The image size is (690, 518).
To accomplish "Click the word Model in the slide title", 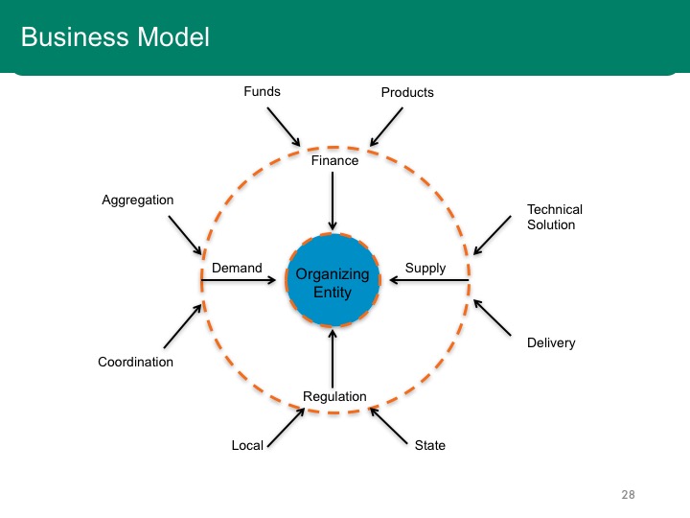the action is tap(173, 36).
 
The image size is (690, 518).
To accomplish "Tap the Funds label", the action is tap(263, 91).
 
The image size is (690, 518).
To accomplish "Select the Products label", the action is tap(407, 92).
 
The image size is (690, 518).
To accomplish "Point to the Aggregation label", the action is tap(138, 200).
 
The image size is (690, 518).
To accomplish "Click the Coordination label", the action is tap(135, 362).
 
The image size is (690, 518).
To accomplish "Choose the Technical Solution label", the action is tap(555, 217).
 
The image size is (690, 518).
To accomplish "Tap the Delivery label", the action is tap(551, 342).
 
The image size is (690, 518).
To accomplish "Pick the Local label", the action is tap(247, 445).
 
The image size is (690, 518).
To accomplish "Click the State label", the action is tap(430, 445).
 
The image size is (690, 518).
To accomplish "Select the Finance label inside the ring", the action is tap(334, 160).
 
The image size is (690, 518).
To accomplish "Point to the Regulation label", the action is tap(334, 396).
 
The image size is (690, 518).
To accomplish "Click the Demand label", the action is tap(237, 268).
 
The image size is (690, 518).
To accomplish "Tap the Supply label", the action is tap(425, 269).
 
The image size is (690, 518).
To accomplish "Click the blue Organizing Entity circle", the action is tap(333, 280).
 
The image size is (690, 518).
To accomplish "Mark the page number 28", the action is tap(628, 495).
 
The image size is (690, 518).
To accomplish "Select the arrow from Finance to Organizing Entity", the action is tap(333, 200).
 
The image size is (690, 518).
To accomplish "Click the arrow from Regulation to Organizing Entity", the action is tap(333, 359).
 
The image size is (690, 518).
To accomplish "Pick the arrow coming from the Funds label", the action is tap(284, 127).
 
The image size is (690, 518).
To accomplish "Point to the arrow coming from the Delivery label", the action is tap(493, 318).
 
